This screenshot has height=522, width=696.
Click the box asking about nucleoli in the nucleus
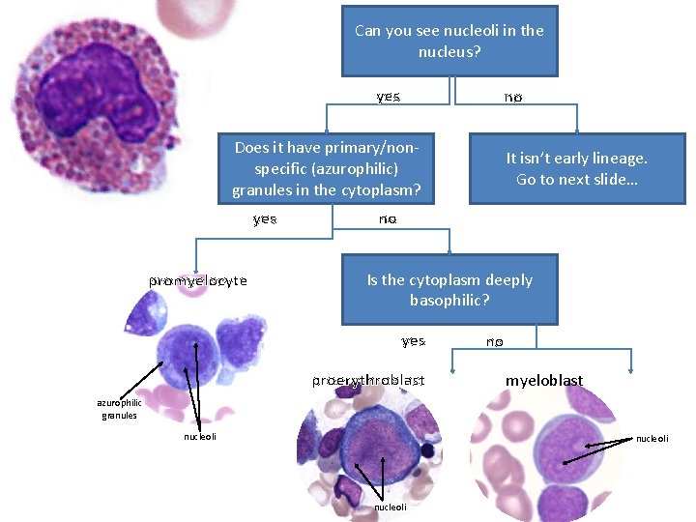(x=449, y=41)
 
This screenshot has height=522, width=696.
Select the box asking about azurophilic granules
(x=327, y=168)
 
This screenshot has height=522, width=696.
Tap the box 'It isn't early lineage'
(x=577, y=168)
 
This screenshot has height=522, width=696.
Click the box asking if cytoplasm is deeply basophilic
(x=449, y=290)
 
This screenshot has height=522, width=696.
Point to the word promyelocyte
(x=198, y=280)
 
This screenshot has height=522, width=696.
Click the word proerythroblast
(x=367, y=381)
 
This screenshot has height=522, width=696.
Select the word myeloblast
(x=544, y=381)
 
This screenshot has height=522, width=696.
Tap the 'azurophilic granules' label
(x=119, y=409)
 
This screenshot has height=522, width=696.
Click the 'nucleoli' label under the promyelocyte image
(x=200, y=437)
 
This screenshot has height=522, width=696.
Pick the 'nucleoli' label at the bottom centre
(x=390, y=507)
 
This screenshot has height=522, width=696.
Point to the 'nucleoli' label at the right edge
(x=652, y=439)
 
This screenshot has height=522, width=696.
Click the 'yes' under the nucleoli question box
(x=389, y=97)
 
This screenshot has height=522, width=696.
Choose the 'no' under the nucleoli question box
(x=512, y=97)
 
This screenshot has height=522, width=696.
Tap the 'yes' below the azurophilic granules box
(x=265, y=219)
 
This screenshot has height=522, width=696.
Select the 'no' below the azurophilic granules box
(x=388, y=219)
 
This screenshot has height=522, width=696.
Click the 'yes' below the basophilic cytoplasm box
(x=414, y=341)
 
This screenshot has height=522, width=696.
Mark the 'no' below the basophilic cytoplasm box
(x=494, y=341)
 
